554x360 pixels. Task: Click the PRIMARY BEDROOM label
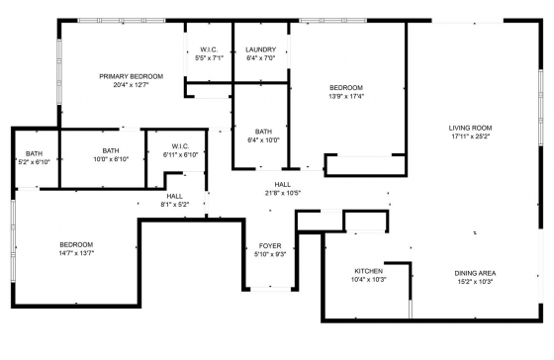click(x=131, y=76)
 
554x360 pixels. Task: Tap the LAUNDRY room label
click(x=261, y=49)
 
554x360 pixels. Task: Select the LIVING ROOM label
click(x=470, y=128)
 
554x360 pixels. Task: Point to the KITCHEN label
click(x=368, y=271)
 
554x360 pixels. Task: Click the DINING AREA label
click(x=475, y=273)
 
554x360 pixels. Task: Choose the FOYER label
click(x=270, y=246)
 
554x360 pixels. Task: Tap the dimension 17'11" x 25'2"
click(x=470, y=136)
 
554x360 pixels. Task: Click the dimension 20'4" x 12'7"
click(x=131, y=85)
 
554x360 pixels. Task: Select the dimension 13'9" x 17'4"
click(x=346, y=96)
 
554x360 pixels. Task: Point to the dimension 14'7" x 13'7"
click(x=76, y=253)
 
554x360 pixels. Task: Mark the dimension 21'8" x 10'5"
click(x=283, y=193)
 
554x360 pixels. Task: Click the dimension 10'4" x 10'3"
click(x=368, y=280)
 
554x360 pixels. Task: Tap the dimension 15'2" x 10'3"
click(x=475, y=282)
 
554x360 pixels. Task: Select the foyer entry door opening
click(x=271, y=289)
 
